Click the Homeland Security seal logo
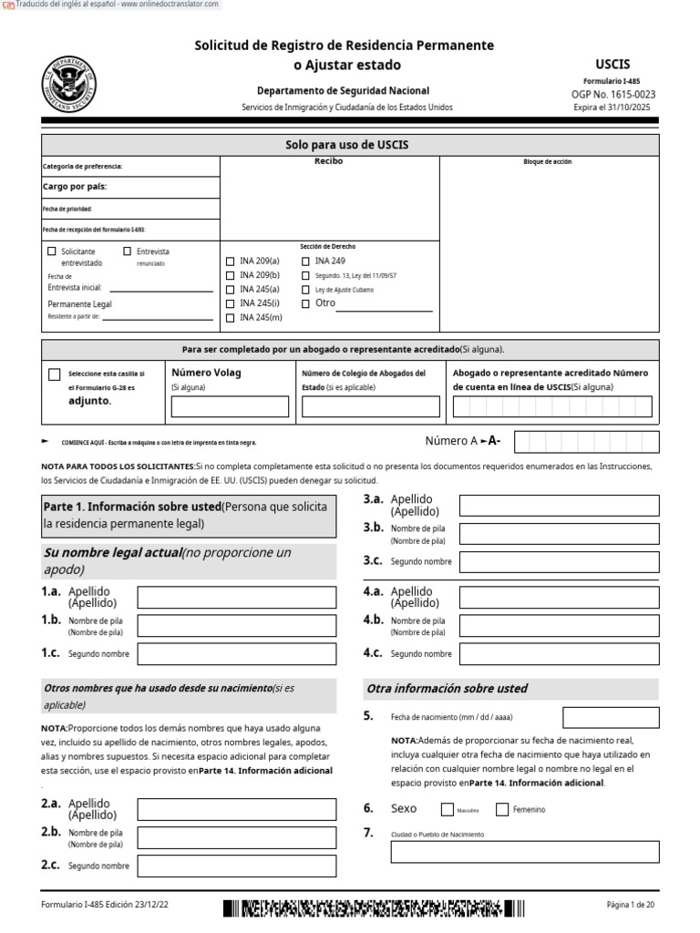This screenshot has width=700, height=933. tap(68, 83)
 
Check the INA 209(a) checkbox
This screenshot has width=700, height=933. tap(230, 261)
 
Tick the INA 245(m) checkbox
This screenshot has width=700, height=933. tap(230, 318)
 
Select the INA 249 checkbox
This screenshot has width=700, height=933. tap(305, 261)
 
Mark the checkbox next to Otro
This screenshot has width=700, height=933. tap(305, 303)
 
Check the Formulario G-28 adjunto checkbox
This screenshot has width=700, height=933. tap(55, 374)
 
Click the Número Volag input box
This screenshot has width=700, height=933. tap(230, 406)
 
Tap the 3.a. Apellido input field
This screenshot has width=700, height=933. tap(559, 506)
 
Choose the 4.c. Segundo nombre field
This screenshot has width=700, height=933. tap(559, 653)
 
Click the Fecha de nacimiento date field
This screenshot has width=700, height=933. tap(611, 717)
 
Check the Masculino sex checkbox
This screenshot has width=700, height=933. tap(448, 809)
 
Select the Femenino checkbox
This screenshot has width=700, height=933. tap(502, 809)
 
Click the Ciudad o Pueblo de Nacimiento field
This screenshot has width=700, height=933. tap(525, 852)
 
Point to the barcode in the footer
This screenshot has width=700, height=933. tap(374, 907)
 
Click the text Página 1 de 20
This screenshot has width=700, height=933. tap(631, 905)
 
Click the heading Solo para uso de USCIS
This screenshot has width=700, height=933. tap(350, 145)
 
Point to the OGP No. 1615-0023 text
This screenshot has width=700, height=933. tap(612, 94)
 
